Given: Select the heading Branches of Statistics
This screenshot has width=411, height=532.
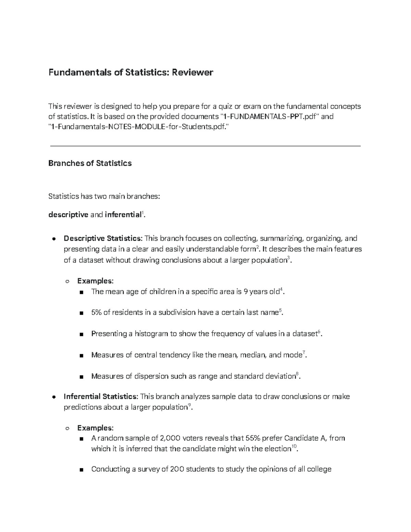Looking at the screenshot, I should pos(90,163).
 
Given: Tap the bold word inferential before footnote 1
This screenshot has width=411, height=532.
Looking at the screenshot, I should pos(123,215).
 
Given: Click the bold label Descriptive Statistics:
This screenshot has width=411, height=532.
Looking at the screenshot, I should pos(103,238).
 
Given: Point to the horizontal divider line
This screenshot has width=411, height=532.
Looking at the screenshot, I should pos(206,146).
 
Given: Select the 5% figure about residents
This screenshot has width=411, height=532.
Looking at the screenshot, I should pos(96,313).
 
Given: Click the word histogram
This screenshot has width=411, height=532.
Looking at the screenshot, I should pos(151,334).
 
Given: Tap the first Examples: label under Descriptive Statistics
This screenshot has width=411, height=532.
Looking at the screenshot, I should pos(95,281).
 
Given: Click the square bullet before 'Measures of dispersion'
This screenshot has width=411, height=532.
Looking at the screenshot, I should pos(81,377).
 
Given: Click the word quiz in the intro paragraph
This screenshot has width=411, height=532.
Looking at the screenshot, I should pos(225,107).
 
